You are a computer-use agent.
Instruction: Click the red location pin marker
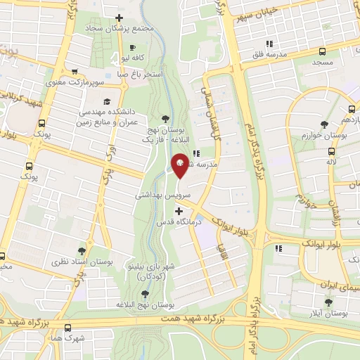coord(180,165)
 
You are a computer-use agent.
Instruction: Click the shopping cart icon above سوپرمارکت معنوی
coord(75,71)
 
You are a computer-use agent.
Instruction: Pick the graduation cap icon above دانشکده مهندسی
coord(105,101)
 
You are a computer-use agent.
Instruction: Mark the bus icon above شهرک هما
coord(67,328)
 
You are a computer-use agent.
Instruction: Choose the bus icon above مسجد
coord(322,51)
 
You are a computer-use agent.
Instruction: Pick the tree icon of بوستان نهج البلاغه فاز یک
coord(165,118)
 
